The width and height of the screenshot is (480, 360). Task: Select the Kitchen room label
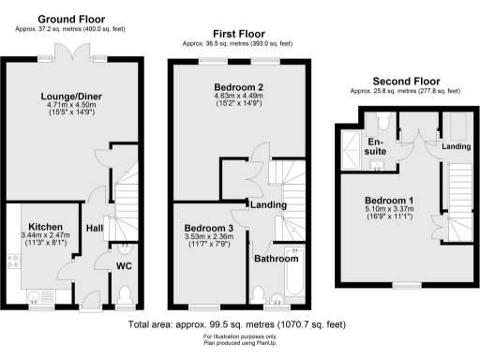pos(45,226)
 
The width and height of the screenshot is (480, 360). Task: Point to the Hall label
pos(95,227)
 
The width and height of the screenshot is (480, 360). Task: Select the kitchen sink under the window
pos(41,295)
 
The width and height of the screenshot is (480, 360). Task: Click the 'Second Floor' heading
pos(405,82)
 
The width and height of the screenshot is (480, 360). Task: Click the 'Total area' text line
pos(240,323)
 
